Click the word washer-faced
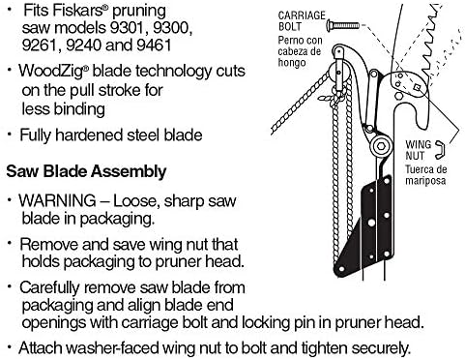[x=118, y=346]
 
